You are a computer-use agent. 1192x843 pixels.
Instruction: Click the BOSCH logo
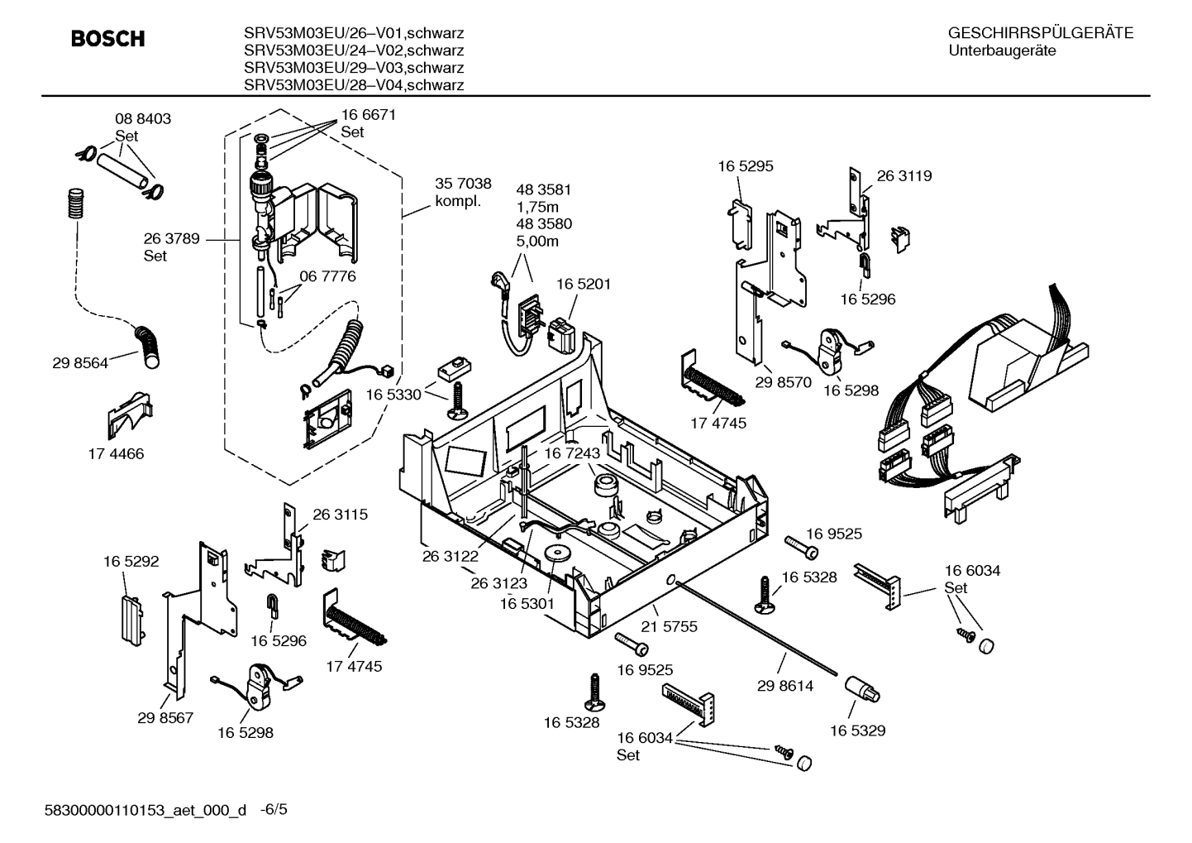coord(107,39)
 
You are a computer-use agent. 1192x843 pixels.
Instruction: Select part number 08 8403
coord(142,119)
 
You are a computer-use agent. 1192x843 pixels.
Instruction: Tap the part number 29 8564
coord(79,362)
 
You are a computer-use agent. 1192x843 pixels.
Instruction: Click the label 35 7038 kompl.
coord(463,192)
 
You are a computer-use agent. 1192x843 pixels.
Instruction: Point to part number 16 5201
coord(583,284)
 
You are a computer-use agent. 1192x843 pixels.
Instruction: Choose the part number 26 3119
coord(904,176)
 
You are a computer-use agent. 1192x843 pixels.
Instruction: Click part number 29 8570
coord(783,382)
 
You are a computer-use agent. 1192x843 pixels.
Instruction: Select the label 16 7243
coord(571,453)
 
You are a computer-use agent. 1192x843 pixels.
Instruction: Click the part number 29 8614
coord(784,685)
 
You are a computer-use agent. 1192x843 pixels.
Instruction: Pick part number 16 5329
coord(857,730)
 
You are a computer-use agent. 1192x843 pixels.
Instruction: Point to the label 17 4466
coord(116,453)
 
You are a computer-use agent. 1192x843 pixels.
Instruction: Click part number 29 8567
coord(165,717)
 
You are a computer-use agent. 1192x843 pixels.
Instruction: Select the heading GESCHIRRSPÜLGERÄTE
coord(1040,33)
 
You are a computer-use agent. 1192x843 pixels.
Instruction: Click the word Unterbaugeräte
coord(1002,51)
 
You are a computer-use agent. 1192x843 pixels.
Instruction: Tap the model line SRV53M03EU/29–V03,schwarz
coord(353,68)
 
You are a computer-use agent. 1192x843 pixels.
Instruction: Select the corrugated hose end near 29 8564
coord(150,347)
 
